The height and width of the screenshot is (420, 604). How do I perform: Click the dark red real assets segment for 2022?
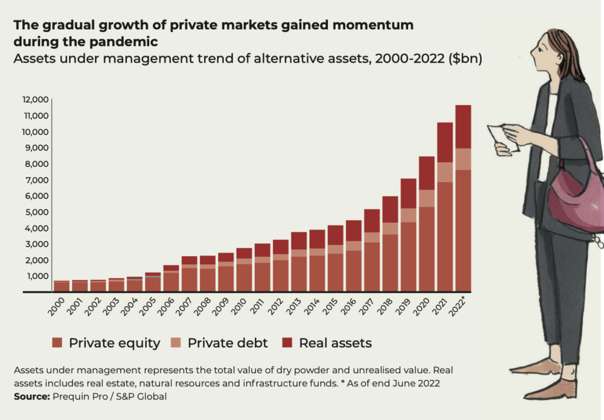[x=463, y=127]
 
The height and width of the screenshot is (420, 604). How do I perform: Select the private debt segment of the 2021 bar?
[x=445, y=172]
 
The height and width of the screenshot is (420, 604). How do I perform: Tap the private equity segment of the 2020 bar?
[x=427, y=250]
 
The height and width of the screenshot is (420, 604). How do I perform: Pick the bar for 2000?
[x=61, y=286]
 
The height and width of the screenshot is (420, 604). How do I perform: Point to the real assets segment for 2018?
[x=390, y=209]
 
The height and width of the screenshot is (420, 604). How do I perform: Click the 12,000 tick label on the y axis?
[x=36, y=100]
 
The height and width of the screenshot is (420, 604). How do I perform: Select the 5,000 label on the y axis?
[x=37, y=212]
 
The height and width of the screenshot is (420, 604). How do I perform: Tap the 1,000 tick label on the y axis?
[x=38, y=276]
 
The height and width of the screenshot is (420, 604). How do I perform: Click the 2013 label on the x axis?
[x=294, y=307]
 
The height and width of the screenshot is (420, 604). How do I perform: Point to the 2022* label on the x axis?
[x=457, y=307]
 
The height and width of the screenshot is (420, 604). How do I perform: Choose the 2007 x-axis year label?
[x=184, y=307]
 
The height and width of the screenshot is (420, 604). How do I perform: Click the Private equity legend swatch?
[x=57, y=343]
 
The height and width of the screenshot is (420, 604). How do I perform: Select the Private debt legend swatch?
[x=176, y=343]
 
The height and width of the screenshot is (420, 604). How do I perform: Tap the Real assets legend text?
[x=335, y=343]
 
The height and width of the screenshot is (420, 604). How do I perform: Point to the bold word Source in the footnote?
[x=32, y=396]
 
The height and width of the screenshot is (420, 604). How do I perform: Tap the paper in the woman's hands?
[x=502, y=139]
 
